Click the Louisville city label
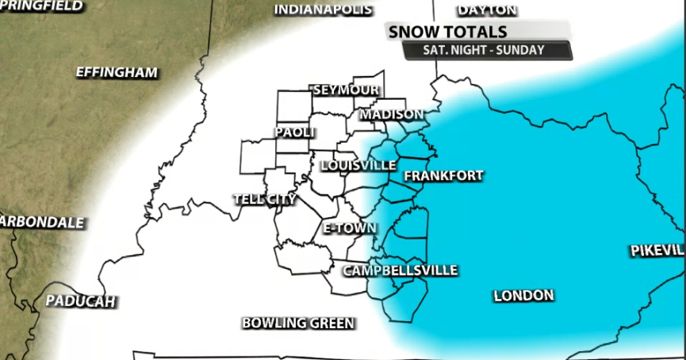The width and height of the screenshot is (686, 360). click(358, 166)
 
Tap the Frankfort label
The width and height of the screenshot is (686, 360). click(443, 176)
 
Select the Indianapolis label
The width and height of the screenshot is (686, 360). click(323, 10)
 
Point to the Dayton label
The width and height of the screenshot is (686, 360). click(488, 10)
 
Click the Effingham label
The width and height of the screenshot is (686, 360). click(117, 72)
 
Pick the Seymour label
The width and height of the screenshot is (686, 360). click(346, 90)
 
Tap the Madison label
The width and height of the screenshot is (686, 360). click(392, 115)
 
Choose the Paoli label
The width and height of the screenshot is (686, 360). click(295, 132)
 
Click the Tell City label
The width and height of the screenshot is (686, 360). click(264, 199)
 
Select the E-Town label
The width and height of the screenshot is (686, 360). click(349, 228)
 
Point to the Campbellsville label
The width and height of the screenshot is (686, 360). click(400, 270)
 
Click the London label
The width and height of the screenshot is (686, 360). click(523, 296)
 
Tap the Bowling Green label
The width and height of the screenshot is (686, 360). click(298, 323)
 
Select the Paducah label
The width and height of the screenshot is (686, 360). click(80, 301)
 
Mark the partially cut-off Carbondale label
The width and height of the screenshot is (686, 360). click(41, 222)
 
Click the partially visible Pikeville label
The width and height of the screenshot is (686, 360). click(657, 251)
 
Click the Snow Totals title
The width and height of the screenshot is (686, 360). click(446, 32)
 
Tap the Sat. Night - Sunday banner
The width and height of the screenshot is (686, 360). click(486, 51)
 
